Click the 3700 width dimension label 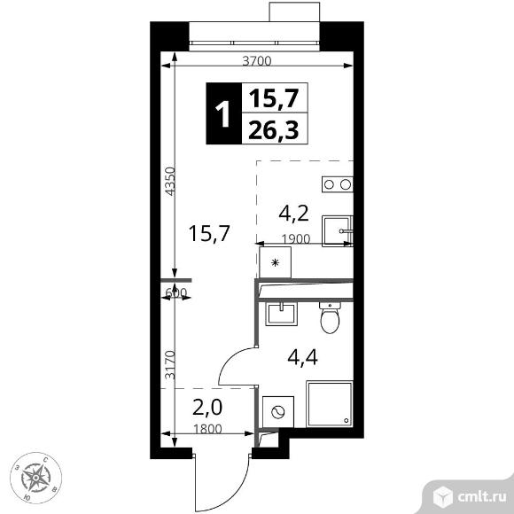pos(257,61)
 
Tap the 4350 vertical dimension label pos(170,182)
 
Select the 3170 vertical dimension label pos(170,365)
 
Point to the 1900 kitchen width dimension pos(296,239)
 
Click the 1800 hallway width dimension pos(208,429)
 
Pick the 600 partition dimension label pos(175,292)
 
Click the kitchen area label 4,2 pos(293,214)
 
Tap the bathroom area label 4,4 pos(302,357)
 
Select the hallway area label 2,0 pos(207,408)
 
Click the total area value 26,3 pos(274,129)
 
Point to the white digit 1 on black pos(223,113)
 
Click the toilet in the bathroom pos(330,317)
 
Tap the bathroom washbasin pos(281,314)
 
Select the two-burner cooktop pos(338,184)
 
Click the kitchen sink pos(338,231)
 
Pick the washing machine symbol pos(278,412)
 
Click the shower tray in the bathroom pos(330,404)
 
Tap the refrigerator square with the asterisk pos(275,262)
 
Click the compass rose pos(35,478)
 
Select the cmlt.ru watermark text pos(481,496)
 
